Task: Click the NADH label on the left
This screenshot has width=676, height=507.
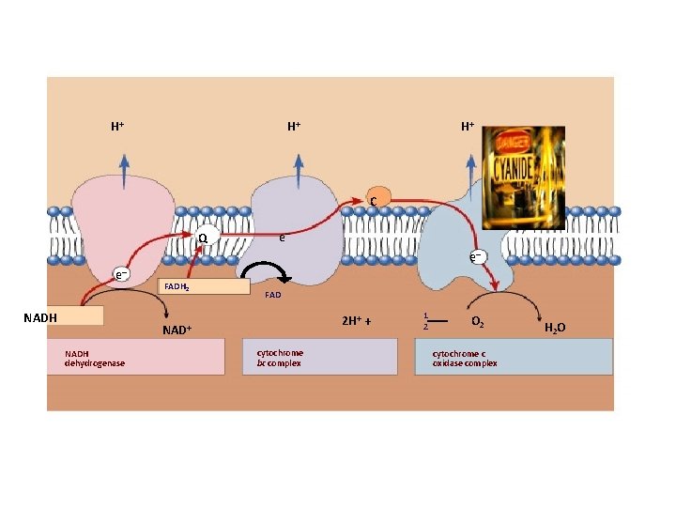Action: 40,317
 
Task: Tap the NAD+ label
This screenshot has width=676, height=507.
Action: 177,330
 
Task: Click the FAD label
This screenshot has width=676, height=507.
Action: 273,295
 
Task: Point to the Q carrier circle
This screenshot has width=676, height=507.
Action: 204,238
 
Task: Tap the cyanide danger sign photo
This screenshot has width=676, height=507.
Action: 523,177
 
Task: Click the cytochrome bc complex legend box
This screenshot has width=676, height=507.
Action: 320,357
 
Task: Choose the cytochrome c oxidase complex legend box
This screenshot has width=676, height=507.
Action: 514,357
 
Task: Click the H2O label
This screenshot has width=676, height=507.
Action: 555,328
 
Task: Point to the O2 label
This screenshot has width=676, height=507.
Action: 477,322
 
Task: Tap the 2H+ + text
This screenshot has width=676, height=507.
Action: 357,321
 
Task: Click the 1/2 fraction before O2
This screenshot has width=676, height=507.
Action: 426,321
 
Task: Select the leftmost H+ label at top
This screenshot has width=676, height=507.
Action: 118,126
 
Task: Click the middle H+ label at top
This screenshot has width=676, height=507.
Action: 294,126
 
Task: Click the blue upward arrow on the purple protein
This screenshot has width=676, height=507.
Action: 299,172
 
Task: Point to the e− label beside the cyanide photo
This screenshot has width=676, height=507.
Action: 478,255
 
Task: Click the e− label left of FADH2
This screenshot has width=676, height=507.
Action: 121,274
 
